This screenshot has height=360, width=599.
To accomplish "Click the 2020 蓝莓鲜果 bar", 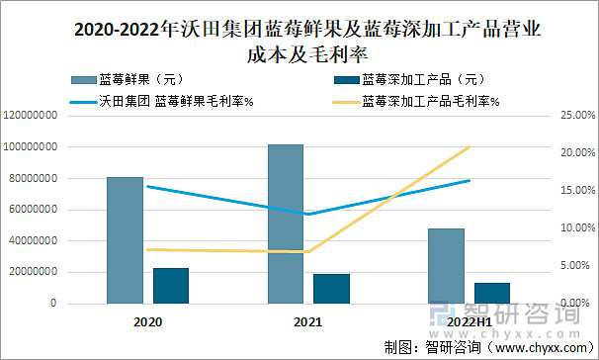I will click(x=125, y=239).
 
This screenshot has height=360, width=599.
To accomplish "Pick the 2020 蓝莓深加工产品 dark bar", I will click(x=171, y=285).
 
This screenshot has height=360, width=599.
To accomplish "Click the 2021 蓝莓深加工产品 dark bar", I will click(x=332, y=288).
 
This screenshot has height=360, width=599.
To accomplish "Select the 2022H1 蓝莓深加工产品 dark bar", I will click(x=492, y=292).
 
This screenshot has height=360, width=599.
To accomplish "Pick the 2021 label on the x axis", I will click(x=308, y=321).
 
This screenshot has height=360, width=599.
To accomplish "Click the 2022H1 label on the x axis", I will click(x=469, y=321).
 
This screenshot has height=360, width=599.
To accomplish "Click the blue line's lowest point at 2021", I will click(x=308, y=214).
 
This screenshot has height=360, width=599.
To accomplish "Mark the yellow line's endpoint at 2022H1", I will click(x=470, y=146).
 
